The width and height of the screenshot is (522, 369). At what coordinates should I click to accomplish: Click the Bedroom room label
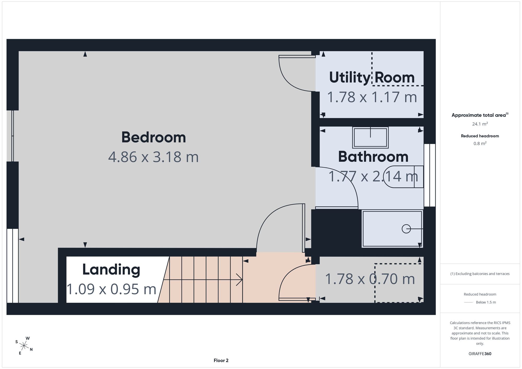tap(153, 137)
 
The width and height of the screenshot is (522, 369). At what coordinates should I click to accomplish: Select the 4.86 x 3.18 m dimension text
tap(153, 157)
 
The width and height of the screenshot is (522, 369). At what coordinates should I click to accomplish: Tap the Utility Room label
tap(372, 78)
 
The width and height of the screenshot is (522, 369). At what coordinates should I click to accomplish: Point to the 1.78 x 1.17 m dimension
tap(372, 97)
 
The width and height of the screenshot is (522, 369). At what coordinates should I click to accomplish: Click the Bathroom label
tap(373, 157)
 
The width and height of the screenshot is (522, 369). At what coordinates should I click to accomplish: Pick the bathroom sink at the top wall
tap(370, 137)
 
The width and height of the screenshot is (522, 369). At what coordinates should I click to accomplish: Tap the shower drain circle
tap(406, 229)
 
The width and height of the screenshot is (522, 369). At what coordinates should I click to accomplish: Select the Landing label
tap(111, 270)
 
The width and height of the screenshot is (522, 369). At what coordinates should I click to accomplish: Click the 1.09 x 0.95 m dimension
tap(111, 289)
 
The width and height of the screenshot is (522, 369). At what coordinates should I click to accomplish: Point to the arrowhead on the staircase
tap(239, 280)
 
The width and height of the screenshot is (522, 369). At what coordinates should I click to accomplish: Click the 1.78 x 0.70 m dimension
tap(370, 279)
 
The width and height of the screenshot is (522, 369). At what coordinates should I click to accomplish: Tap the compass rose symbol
tap(24, 346)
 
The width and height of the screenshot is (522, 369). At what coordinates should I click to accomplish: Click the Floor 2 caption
tap(221, 360)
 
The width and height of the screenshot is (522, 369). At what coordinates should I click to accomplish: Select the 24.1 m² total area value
tap(480, 124)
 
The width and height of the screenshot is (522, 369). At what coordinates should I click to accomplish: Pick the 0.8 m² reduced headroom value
tap(480, 144)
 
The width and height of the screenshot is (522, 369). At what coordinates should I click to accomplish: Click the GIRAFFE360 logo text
tap(480, 354)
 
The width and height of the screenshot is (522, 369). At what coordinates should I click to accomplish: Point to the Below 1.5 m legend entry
tap(486, 302)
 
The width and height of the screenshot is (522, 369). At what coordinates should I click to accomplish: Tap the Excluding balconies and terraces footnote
tap(480, 274)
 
